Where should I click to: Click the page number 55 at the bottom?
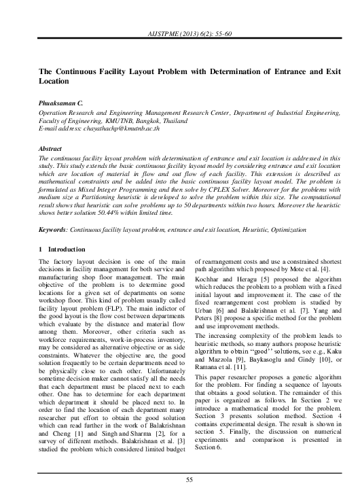point(179,480)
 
